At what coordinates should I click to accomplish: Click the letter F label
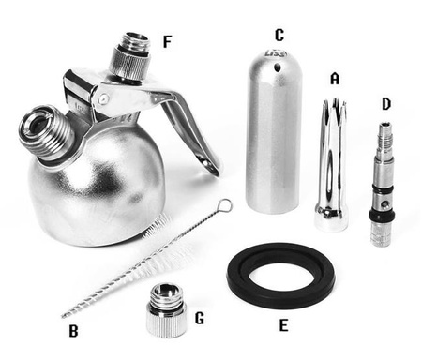tap(168, 42)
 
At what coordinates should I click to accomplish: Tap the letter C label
tap(279, 36)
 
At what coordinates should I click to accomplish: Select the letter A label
tap(335, 79)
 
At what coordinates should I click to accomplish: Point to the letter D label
tap(386, 104)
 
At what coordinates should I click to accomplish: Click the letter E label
tap(283, 325)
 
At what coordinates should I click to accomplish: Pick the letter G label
tap(200, 319)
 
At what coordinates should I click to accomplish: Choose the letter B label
tap(73, 331)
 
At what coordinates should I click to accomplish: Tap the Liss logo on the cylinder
tap(276, 53)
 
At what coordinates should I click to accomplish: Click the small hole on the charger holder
tap(277, 67)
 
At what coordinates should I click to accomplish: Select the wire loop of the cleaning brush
tap(226, 205)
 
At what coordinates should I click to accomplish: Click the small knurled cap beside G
tap(166, 310)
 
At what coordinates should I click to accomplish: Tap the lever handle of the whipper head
tap(190, 131)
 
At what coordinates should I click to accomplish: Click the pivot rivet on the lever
tap(103, 99)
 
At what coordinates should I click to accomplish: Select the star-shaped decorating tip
tap(332, 165)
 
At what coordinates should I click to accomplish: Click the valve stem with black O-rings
tap(382, 185)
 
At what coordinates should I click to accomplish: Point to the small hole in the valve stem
tap(386, 204)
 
